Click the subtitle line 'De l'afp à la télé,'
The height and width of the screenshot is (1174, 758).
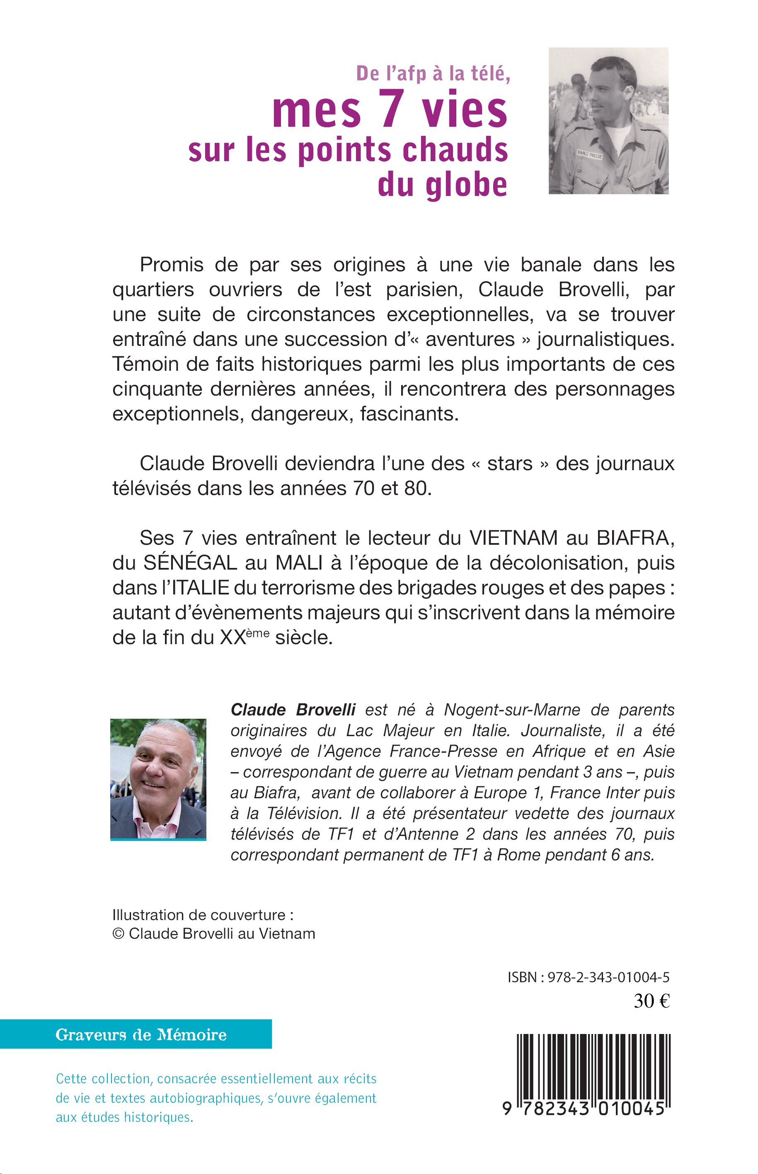(433, 74)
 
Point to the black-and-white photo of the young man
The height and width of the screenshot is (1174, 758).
(608, 121)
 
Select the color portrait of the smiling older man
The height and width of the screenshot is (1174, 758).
(158, 778)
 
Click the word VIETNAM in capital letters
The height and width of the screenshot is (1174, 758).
(513, 538)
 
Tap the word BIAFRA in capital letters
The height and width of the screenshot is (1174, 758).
(635, 538)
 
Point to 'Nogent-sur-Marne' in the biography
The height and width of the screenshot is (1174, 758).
(512, 710)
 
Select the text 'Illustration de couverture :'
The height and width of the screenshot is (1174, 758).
(203, 915)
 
